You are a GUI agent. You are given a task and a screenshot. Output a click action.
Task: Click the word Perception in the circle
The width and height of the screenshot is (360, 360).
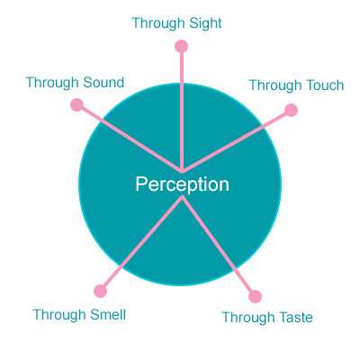click(x=182, y=184)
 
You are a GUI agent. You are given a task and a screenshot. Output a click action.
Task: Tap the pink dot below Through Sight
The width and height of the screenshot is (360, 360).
click(x=181, y=47)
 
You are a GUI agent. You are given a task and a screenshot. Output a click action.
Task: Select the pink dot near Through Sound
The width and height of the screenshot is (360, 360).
click(x=76, y=104)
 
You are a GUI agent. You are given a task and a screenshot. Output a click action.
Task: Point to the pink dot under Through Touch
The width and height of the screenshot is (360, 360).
click(x=291, y=110)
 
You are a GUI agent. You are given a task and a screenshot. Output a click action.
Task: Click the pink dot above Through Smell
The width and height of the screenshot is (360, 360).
click(x=100, y=291)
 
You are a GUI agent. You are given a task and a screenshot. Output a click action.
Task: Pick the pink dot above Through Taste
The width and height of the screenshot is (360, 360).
click(x=255, y=296)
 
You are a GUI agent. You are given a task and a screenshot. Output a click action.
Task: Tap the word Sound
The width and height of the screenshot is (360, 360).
click(x=103, y=82)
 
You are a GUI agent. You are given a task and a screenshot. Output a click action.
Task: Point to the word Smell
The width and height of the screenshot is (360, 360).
click(x=108, y=315)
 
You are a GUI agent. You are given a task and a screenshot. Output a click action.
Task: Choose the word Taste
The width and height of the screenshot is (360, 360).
click(x=295, y=318)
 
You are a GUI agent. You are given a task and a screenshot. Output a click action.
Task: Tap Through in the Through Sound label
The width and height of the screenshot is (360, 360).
click(x=53, y=83)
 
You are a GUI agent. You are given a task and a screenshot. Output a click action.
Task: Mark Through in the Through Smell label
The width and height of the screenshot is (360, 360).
click(x=59, y=316)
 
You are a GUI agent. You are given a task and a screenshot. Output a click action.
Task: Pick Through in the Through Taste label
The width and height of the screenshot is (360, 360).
click(x=248, y=319)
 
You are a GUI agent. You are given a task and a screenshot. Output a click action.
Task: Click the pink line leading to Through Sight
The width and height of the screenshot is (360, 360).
click(x=182, y=110)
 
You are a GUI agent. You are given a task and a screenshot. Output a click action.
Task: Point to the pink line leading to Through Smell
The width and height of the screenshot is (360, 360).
click(x=141, y=244)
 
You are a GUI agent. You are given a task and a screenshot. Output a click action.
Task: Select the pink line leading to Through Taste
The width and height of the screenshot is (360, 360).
click(x=219, y=246)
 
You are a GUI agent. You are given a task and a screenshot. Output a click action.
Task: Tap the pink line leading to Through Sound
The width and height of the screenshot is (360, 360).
click(x=130, y=139)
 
